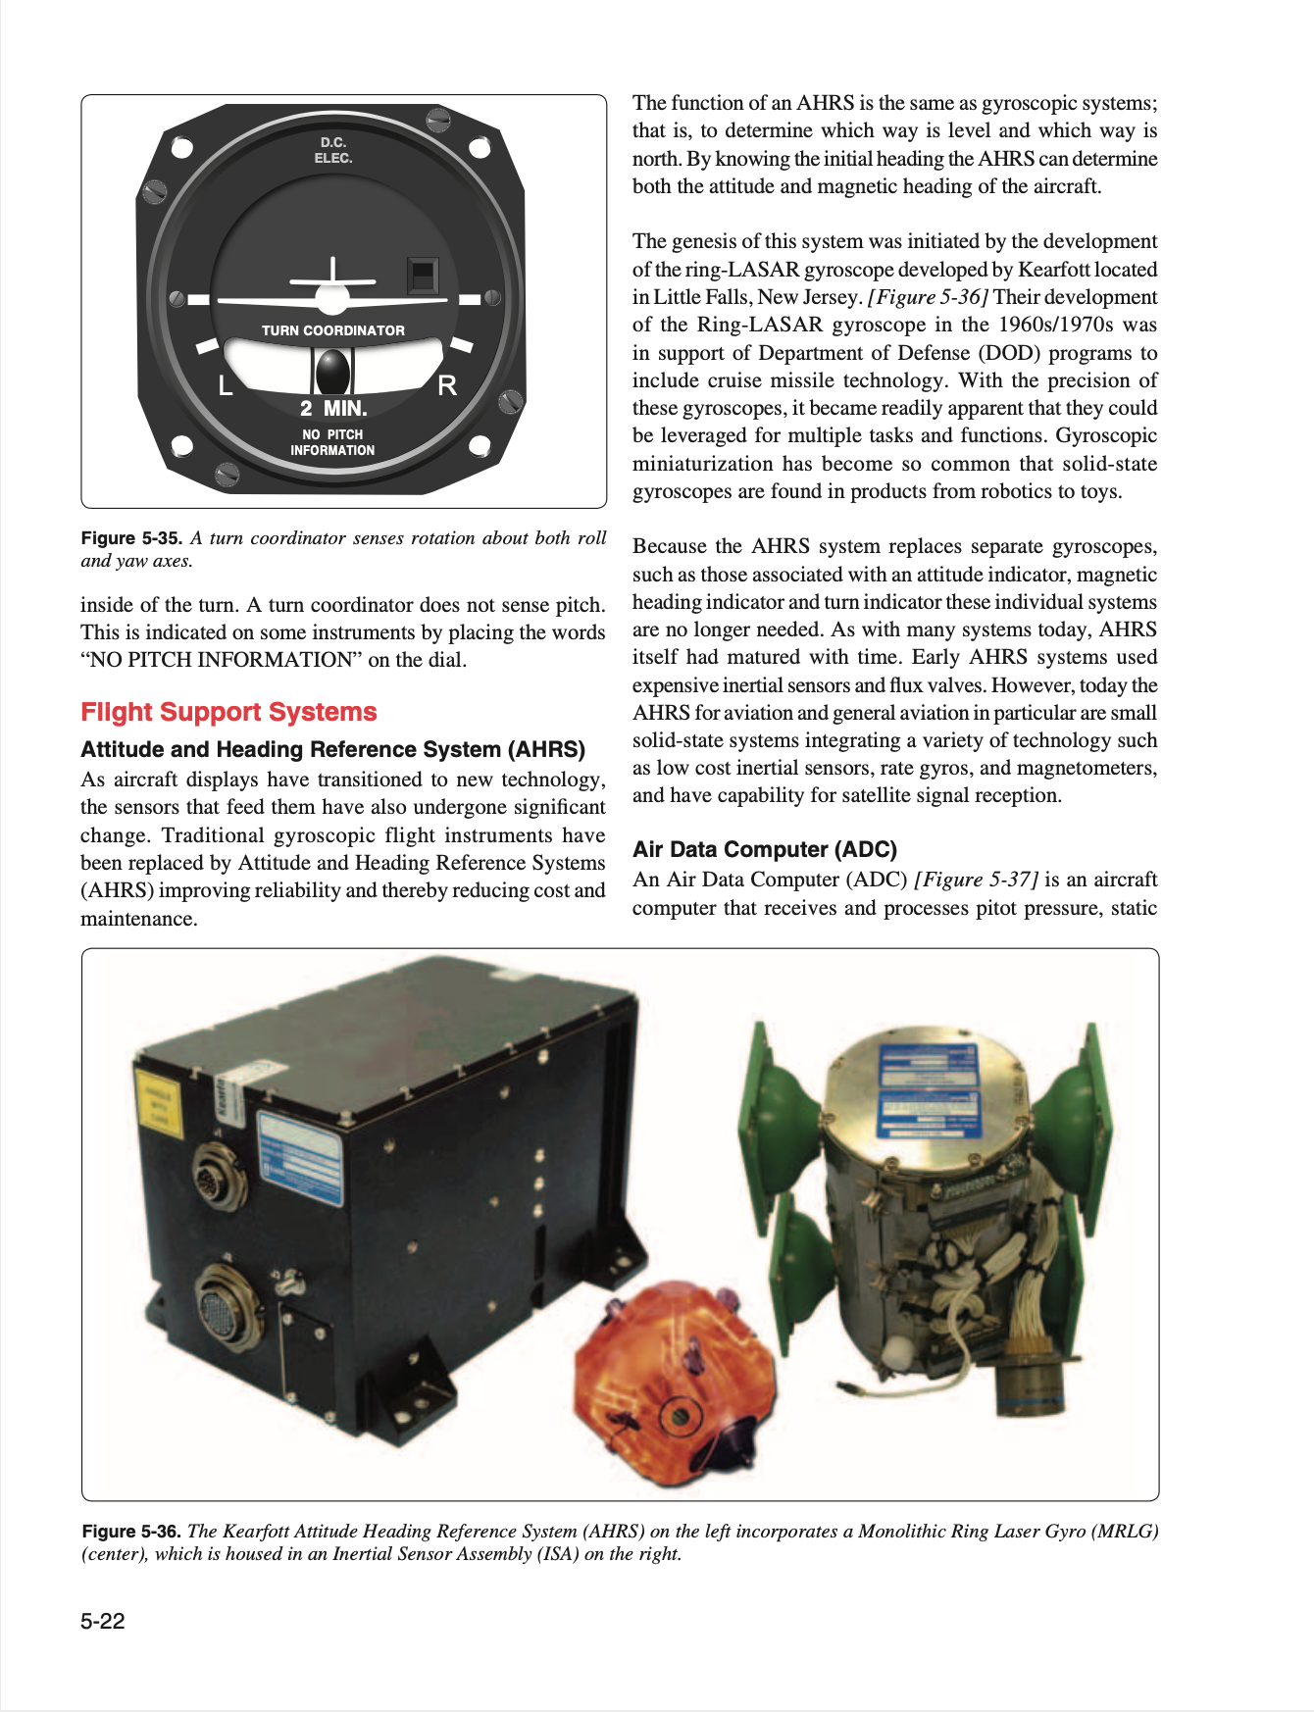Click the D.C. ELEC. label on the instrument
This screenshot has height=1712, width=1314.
(x=333, y=150)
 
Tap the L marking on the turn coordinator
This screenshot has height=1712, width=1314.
(x=226, y=385)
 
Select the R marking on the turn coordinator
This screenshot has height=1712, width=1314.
(x=447, y=385)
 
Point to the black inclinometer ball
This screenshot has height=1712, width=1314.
(x=332, y=371)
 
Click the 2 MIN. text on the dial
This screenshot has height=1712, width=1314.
(x=333, y=408)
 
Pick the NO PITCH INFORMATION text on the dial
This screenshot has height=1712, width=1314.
(x=332, y=442)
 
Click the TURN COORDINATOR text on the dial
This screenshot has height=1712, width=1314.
(x=332, y=330)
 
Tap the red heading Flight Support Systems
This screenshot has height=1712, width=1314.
(x=228, y=712)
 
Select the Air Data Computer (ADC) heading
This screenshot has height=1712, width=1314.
(x=765, y=849)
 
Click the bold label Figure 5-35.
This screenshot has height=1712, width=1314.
(x=131, y=538)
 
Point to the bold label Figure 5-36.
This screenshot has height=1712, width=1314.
(x=131, y=1532)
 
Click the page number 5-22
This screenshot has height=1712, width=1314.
(x=103, y=1621)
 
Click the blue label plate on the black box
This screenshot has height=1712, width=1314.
(x=300, y=1157)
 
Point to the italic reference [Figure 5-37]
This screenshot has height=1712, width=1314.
(x=976, y=880)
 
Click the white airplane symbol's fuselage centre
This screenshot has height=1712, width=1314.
(x=332, y=295)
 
